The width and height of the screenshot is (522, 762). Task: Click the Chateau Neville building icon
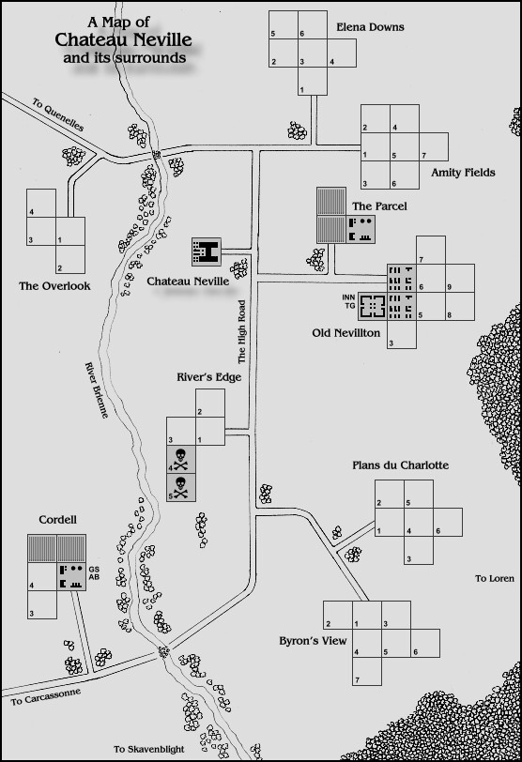207,251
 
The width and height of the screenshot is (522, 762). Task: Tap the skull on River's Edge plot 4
180,459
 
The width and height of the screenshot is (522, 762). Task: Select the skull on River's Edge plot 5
180,487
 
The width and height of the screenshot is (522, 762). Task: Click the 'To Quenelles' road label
58,114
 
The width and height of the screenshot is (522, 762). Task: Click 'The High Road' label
242,332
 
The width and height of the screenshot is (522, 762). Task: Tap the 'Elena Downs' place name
370,27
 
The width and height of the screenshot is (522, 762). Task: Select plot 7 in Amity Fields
434,146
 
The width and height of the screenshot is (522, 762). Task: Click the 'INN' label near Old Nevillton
348,297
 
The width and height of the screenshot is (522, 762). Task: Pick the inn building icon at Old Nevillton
373,306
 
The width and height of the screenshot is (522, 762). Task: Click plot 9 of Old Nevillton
460,278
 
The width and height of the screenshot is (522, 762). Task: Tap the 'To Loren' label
494,578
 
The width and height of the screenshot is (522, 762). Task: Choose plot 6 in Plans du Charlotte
448,523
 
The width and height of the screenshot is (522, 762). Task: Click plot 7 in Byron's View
367,671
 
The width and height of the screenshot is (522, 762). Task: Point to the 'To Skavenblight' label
149,749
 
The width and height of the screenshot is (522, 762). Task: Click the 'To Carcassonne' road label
46,697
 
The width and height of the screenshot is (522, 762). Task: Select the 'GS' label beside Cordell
94,569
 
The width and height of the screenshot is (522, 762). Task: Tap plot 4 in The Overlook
41,203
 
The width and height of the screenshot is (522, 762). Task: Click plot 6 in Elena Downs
313,24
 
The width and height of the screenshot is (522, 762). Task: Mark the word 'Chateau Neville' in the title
123,39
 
